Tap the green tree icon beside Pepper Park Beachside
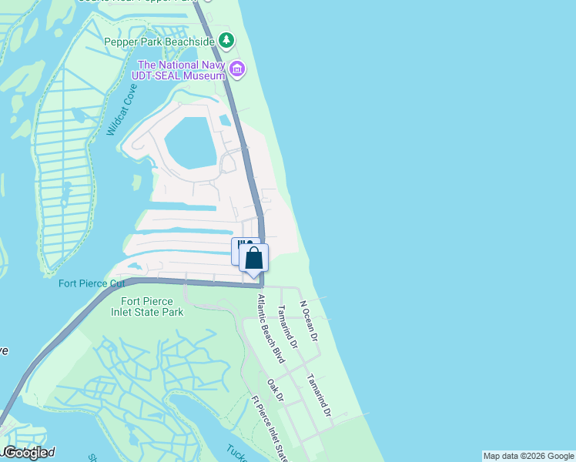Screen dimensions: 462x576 (226, 39)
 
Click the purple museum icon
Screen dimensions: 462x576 (237, 70)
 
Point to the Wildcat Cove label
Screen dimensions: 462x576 (122, 110)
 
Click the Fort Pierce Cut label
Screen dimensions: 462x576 (92, 283)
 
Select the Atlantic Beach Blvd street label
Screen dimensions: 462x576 (270, 328)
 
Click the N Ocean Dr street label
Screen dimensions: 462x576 (309, 320)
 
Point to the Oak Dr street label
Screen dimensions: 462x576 (276, 390)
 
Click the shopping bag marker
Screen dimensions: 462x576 (254, 259)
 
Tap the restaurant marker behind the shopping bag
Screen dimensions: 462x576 (240, 248)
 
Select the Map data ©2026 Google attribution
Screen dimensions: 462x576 (528, 456)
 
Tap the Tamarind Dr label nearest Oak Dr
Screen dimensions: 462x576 (318, 396)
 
